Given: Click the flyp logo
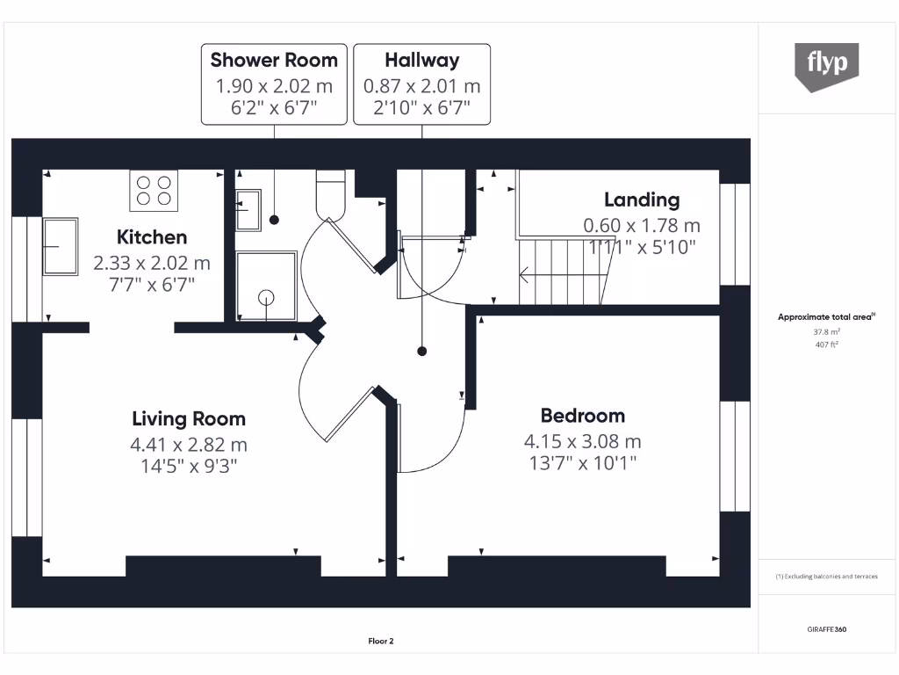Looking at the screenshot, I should click(x=826, y=66).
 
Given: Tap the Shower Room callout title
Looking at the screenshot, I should click(x=274, y=61).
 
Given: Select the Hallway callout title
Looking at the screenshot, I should click(x=421, y=61).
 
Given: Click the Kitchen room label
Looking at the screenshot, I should click(x=152, y=237).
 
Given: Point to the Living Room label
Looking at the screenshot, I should click(x=189, y=419).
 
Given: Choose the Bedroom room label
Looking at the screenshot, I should click(x=582, y=416).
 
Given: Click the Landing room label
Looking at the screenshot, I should click(x=641, y=200).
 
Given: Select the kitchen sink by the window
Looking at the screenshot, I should click(x=60, y=246).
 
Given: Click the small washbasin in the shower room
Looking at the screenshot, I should click(x=248, y=209).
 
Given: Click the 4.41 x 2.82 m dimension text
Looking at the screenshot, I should click(x=188, y=445).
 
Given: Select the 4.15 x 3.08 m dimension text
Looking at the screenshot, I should click(x=582, y=441).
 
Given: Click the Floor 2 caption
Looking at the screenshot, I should click(x=380, y=642).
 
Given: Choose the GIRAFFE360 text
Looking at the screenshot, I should click(x=827, y=630).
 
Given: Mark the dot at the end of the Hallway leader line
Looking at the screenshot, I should click(x=422, y=351).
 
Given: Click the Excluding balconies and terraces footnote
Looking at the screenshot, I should click(x=827, y=577).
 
